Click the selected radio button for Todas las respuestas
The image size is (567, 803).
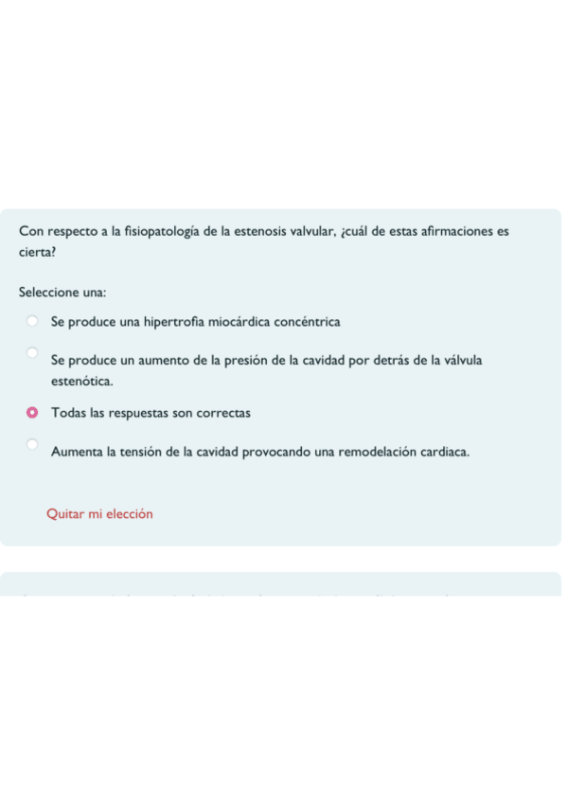click(x=32, y=413)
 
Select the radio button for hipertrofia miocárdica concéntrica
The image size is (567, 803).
click(x=32, y=321)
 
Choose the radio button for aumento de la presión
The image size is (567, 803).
click(x=32, y=353)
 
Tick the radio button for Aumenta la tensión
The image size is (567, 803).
click(x=32, y=444)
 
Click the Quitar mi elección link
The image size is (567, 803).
click(x=99, y=514)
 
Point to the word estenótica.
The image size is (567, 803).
click(x=82, y=382)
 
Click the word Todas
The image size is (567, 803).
click(x=69, y=414)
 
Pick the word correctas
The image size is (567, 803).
click(x=221, y=414)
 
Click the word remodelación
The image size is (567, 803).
click(x=380, y=453)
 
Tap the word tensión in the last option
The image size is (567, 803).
click(x=141, y=453)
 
